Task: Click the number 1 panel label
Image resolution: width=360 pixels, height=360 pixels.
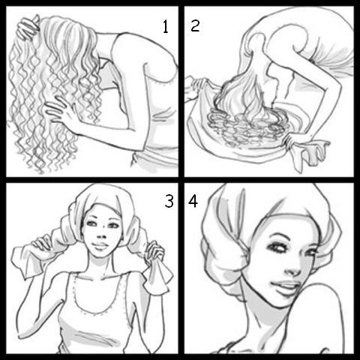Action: click(165, 27)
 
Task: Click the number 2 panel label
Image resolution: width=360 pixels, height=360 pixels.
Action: click(195, 25)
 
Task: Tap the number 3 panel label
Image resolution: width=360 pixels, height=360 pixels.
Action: click(169, 201)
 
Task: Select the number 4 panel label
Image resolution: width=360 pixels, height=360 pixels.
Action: click(193, 201)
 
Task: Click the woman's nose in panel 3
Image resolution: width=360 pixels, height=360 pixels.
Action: click(102, 235)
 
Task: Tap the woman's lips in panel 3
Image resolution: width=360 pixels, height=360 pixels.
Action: click(100, 245)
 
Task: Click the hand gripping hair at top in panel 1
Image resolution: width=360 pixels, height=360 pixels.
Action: click(28, 28)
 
